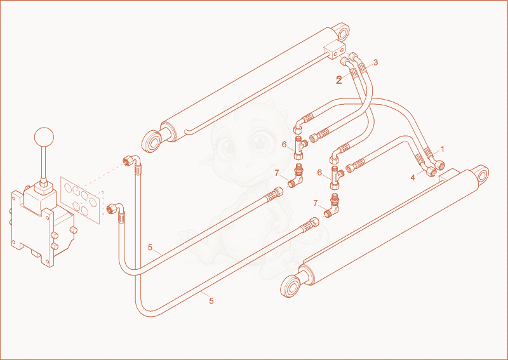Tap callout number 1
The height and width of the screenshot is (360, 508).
[x=443, y=149]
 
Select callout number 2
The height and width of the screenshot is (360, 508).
[x=339, y=80]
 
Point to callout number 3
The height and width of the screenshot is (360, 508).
[x=375, y=62]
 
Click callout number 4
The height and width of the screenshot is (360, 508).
[x=413, y=178]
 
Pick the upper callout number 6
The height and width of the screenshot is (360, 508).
[x=284, y=145]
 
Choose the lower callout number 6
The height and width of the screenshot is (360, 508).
[x=319, y=173]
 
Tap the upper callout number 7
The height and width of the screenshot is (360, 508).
[x=277, y=173]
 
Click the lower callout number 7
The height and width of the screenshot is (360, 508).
[x=316, y=204]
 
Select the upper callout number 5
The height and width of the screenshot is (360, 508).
[x=150, y=248]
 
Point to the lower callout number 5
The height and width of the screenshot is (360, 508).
[x=211, y=301]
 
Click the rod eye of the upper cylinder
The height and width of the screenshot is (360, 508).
[x=152, y=142]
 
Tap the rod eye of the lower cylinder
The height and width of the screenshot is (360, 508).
[x=291, y=286]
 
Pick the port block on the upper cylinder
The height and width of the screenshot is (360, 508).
[x=335, y=51]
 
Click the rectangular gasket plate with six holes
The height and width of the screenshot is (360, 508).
[x=81, y=200]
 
